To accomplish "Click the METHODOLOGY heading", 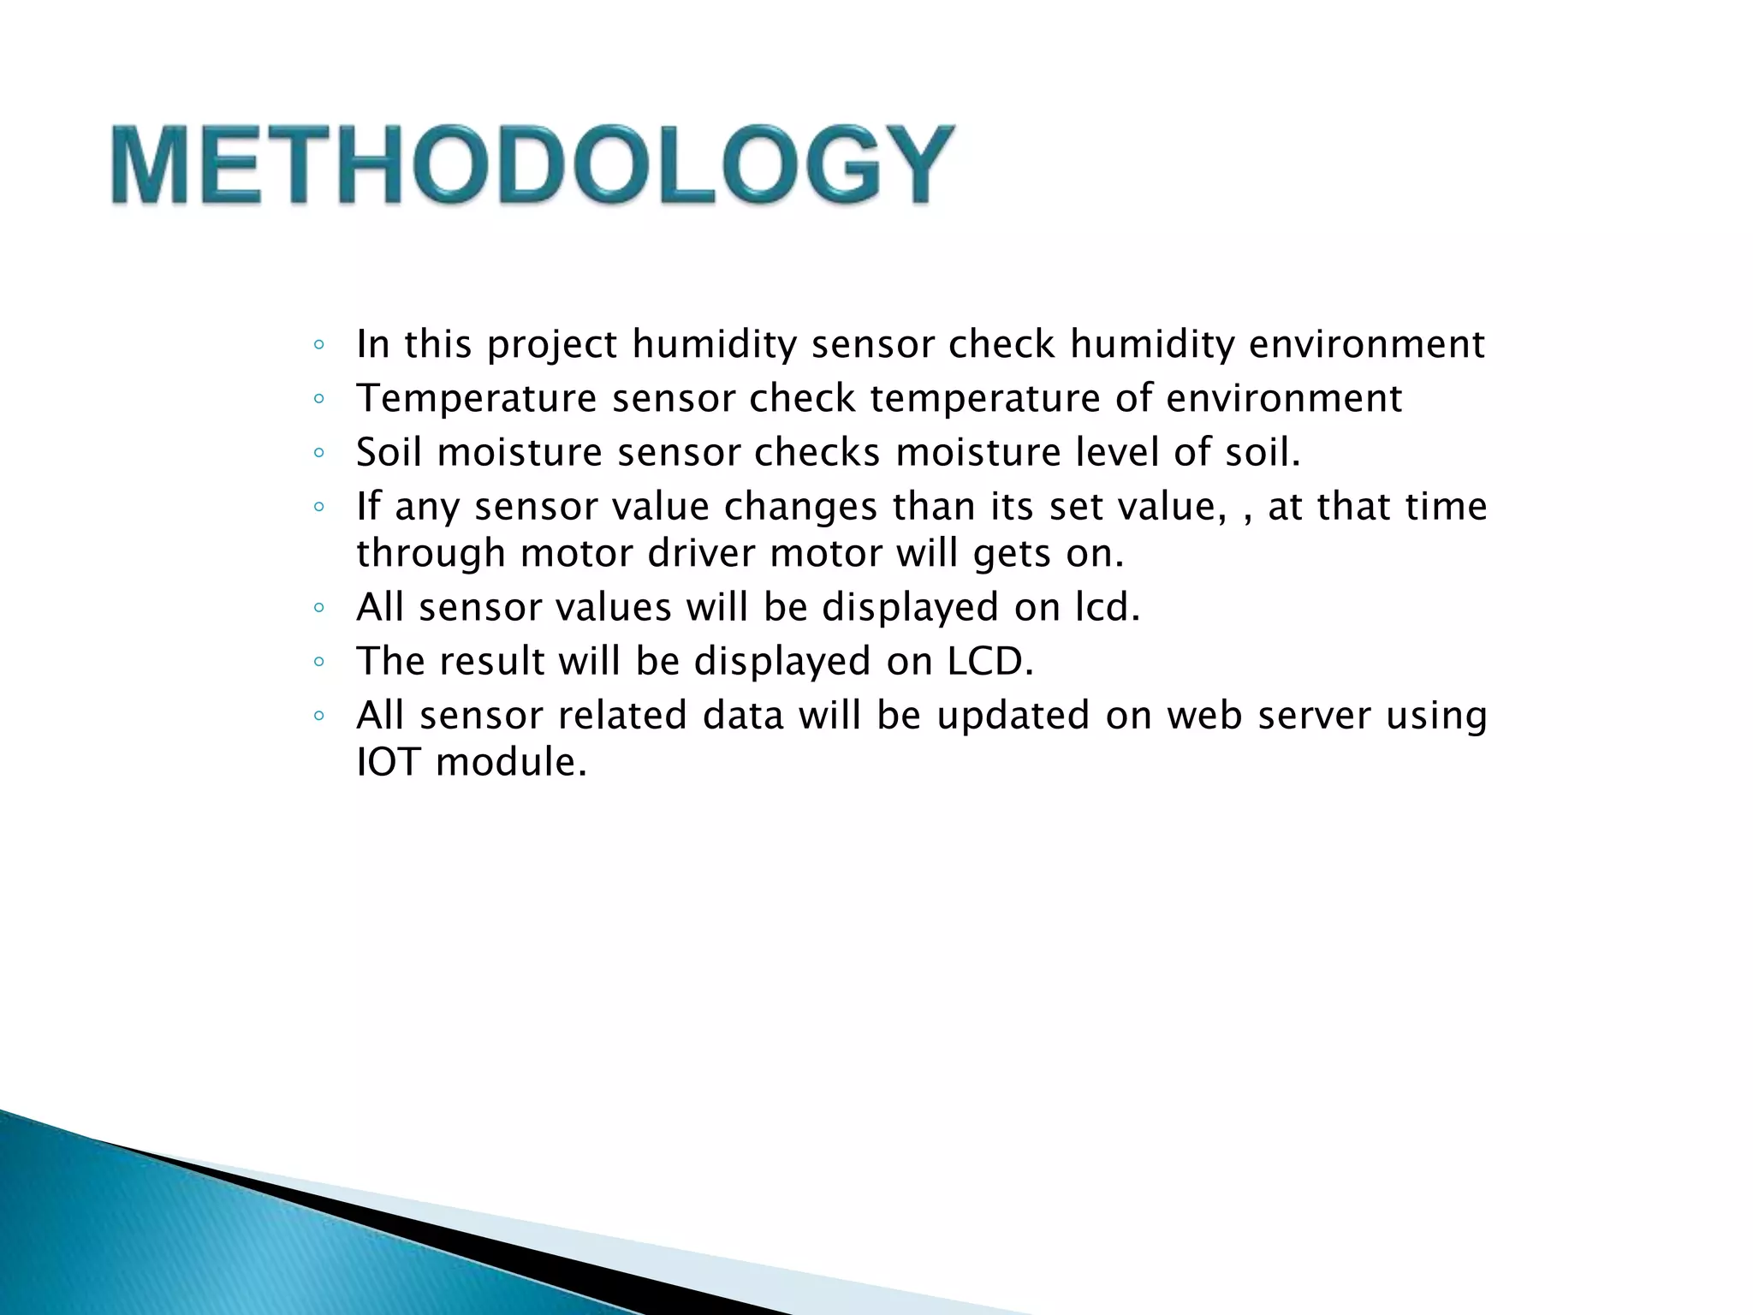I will click(532, 164).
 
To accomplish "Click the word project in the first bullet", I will click(551, 345).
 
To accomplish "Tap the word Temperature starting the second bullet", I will click(476, 399).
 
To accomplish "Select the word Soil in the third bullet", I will click(389, 452).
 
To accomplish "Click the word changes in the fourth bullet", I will click(800, 507).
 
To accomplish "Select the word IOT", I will click(388, 762).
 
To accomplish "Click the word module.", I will click(511, 762).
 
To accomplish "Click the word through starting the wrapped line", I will click(431, 554).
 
